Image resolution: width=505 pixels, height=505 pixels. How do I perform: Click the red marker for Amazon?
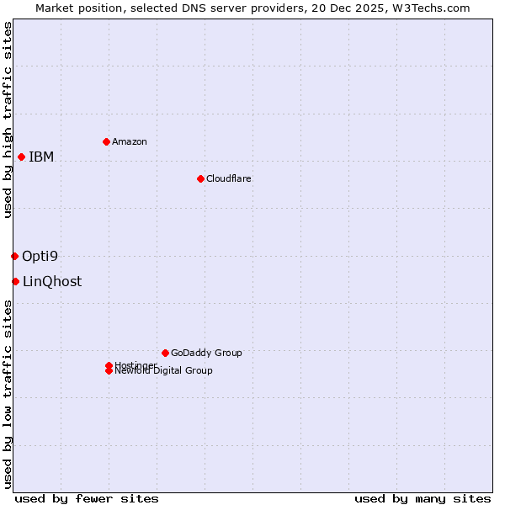point(106,141)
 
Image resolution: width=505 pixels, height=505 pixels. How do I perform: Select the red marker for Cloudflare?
point(200,178)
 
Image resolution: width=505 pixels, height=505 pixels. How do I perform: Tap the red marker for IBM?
point(21,157)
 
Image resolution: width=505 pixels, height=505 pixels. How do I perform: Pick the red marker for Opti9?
point(14,256)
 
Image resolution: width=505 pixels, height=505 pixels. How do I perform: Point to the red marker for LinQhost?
point(15,281)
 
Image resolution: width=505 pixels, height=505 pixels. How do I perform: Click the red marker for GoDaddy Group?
point(165,353)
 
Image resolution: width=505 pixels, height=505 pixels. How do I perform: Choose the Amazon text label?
point(130,141)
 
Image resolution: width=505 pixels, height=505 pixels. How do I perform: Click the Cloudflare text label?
point(229,178)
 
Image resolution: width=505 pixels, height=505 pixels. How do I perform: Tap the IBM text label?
point(41,157)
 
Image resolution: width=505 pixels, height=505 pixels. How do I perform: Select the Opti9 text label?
point(40,256)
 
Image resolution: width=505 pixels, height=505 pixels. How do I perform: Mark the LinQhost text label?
point(52,281)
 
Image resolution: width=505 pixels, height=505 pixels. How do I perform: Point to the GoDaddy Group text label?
point(206,353)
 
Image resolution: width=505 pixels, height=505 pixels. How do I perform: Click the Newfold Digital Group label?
point(164,371)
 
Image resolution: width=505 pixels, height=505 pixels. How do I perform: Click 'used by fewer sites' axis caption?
point(87,498)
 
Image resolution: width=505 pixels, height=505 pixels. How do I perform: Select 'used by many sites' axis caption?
point(423,498)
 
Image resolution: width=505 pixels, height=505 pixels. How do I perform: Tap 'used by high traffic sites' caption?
point(8,120)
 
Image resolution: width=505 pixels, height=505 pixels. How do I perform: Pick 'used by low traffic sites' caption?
point(8,394)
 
